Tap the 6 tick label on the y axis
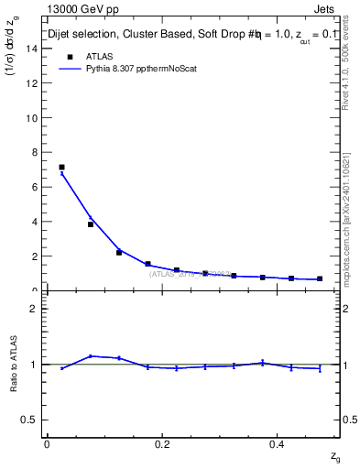(x=34, y=187)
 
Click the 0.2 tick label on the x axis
(x=163, y=444)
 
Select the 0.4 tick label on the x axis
(x=279, y=444)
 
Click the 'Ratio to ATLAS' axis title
(x=14, y=364)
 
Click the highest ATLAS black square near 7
(x=61, y=168)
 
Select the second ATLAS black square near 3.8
(x=91, y=224)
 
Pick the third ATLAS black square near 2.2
(x=119, y=252)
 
